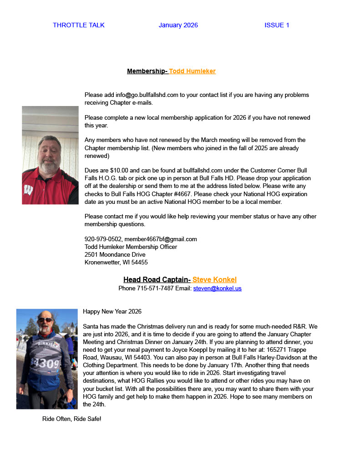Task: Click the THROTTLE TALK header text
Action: (x=79, y=25)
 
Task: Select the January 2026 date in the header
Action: (x=178, y=25)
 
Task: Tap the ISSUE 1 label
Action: (x=277, y=25)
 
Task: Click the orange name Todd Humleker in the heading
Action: (x=192, y=71)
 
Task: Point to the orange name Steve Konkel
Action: (x=214, y=279)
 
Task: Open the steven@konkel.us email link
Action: (x=217, y=288)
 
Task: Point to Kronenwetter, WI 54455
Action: (x=116, y=262)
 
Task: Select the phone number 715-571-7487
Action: (x=155, y=288)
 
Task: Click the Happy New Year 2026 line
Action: (x=112, y=311)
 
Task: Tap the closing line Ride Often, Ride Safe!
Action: (x=71, y=418)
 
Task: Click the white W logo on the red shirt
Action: (x=28, y=189)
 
